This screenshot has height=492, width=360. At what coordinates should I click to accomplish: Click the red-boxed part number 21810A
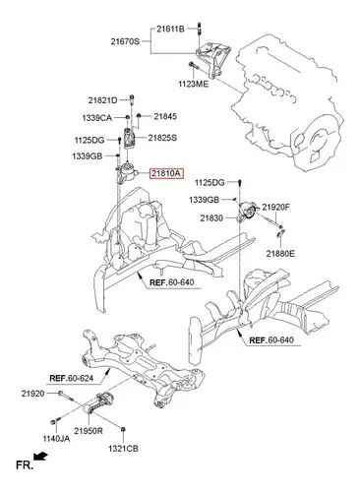click(x=166, y=173)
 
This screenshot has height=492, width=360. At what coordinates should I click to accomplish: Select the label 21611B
click(x=170, y=29)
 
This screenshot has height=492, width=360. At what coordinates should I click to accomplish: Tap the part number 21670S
click(x=125, y=41)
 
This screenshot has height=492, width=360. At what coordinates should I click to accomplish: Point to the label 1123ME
click(x=193, y=85)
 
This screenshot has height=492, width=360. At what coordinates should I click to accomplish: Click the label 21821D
click(x=102, y=100)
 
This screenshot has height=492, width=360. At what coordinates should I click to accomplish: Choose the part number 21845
click(x=165, y=116)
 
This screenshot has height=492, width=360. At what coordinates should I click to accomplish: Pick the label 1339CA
click(x=97, y=118)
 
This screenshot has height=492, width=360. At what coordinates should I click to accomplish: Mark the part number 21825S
click(x=162, y=138)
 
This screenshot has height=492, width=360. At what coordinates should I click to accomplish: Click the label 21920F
click(x=275, y=208)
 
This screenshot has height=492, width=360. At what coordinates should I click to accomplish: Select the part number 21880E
click(x=280, y=254)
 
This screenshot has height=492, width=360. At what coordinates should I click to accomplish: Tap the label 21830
click(x=211, y=218)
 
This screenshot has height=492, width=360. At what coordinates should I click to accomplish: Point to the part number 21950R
click(x=89, y=431)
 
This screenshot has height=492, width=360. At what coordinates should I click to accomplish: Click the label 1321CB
click(x=123, y=449)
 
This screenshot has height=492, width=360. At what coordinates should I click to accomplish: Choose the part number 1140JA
click(x=56, y=439)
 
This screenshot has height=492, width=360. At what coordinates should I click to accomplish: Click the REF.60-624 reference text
click(x=71, y=378)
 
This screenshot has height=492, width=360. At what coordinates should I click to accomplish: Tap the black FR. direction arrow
click(x=40, y=457)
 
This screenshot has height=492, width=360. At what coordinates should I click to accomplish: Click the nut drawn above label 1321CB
click(x=123, y=429)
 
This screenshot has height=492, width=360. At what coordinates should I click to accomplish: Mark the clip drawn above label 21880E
click(x=280, y=234)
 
